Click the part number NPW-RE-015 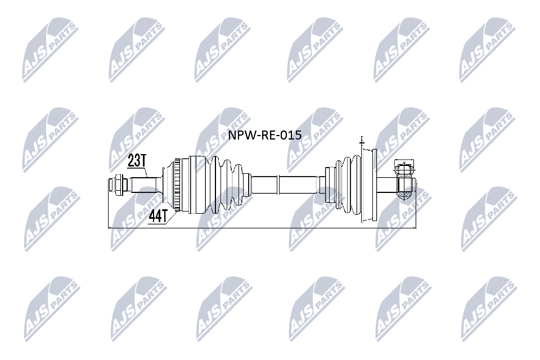[x=265, y=134]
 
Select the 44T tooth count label [x=158, y=216]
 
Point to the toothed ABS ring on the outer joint [x=177, y=184]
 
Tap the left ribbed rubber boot [x=226, y=184]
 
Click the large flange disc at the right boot [x=369, y=185]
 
